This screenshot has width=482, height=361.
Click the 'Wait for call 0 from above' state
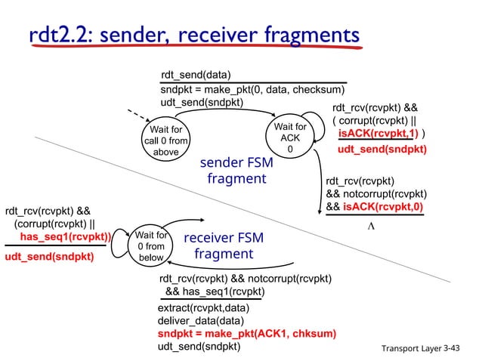point(165,140)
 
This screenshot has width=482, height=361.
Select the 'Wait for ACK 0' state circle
point(289,139)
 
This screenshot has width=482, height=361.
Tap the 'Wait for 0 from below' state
point(150,246)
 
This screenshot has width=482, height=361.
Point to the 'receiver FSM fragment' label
point(223,245)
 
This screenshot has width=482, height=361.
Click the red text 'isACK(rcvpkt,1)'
point(375,134)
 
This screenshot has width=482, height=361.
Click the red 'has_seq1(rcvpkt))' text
point(65,236)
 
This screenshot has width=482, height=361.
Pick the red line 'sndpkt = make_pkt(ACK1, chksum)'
point(247,333)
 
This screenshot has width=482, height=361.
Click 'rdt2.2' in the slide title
point(57,35)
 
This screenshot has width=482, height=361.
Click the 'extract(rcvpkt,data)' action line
point(203,308)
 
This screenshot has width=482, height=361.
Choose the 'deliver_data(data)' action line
point(198,320)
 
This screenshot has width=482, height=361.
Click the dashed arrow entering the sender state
point(134,119)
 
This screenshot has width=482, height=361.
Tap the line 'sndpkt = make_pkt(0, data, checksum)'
point(252,89)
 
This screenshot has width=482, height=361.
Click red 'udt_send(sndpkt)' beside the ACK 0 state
point(382,150)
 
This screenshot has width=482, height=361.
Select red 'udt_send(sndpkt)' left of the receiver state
point(49,257)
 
